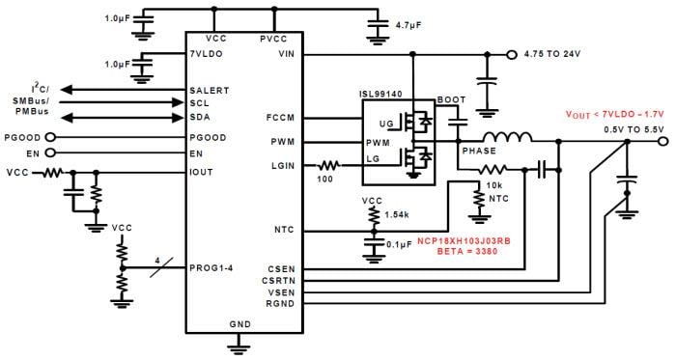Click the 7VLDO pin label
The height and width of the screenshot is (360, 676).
coord(208,55)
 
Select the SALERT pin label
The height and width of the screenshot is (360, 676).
coord(210,90)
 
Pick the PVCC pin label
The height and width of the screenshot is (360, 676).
coord(274,40)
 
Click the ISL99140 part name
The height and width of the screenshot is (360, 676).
coord(380,97)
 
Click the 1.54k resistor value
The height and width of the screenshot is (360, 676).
coord(397,214)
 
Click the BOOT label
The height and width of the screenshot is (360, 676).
coord(451,99)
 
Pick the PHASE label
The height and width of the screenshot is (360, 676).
coord(479,152)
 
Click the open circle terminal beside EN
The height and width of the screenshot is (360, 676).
coord(46,152)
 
